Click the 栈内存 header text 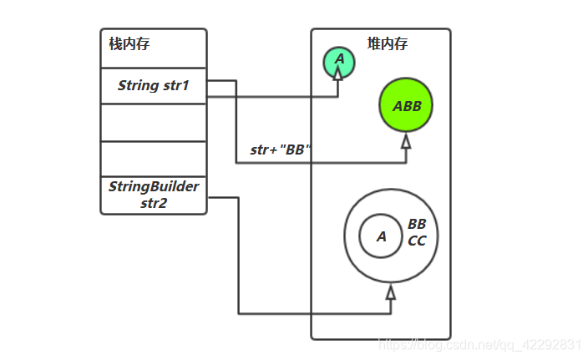129,44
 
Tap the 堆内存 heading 388,43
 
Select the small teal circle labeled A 339,61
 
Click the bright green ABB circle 406,106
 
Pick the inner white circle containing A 381,236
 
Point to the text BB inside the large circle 417,225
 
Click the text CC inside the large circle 417,241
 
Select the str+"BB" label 281,150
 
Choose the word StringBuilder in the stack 153,186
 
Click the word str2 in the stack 153,202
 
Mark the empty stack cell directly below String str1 153,123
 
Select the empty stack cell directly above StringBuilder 153,159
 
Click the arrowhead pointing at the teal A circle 338,74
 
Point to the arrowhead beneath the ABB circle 406,142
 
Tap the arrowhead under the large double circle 390,292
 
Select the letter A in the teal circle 339,59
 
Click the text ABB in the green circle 407,106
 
